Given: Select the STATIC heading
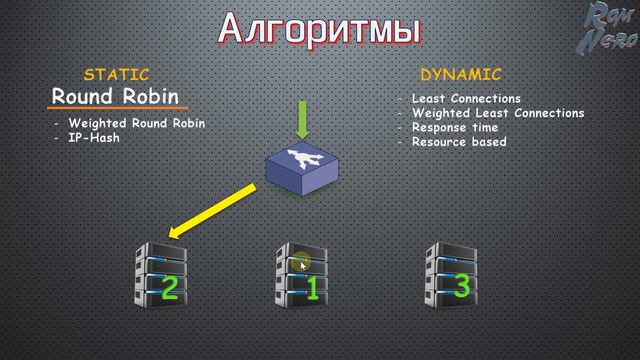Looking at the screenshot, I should pos(117,74).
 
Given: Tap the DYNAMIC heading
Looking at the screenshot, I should pos(460,74).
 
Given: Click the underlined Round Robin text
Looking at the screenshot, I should pos(116,97).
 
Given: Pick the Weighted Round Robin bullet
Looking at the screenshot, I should pos(137,124).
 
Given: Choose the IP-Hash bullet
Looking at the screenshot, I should pos(94,138).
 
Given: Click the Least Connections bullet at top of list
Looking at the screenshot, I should pos(466,99).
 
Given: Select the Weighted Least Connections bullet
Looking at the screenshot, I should pos(498,113).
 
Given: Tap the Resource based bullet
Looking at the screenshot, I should pos(458,142).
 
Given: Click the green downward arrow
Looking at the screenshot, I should pos(303,121).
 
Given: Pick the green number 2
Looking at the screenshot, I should pos(169,289).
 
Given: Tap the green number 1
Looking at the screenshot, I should pos(311,290).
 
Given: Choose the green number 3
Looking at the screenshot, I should pos(461,286).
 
